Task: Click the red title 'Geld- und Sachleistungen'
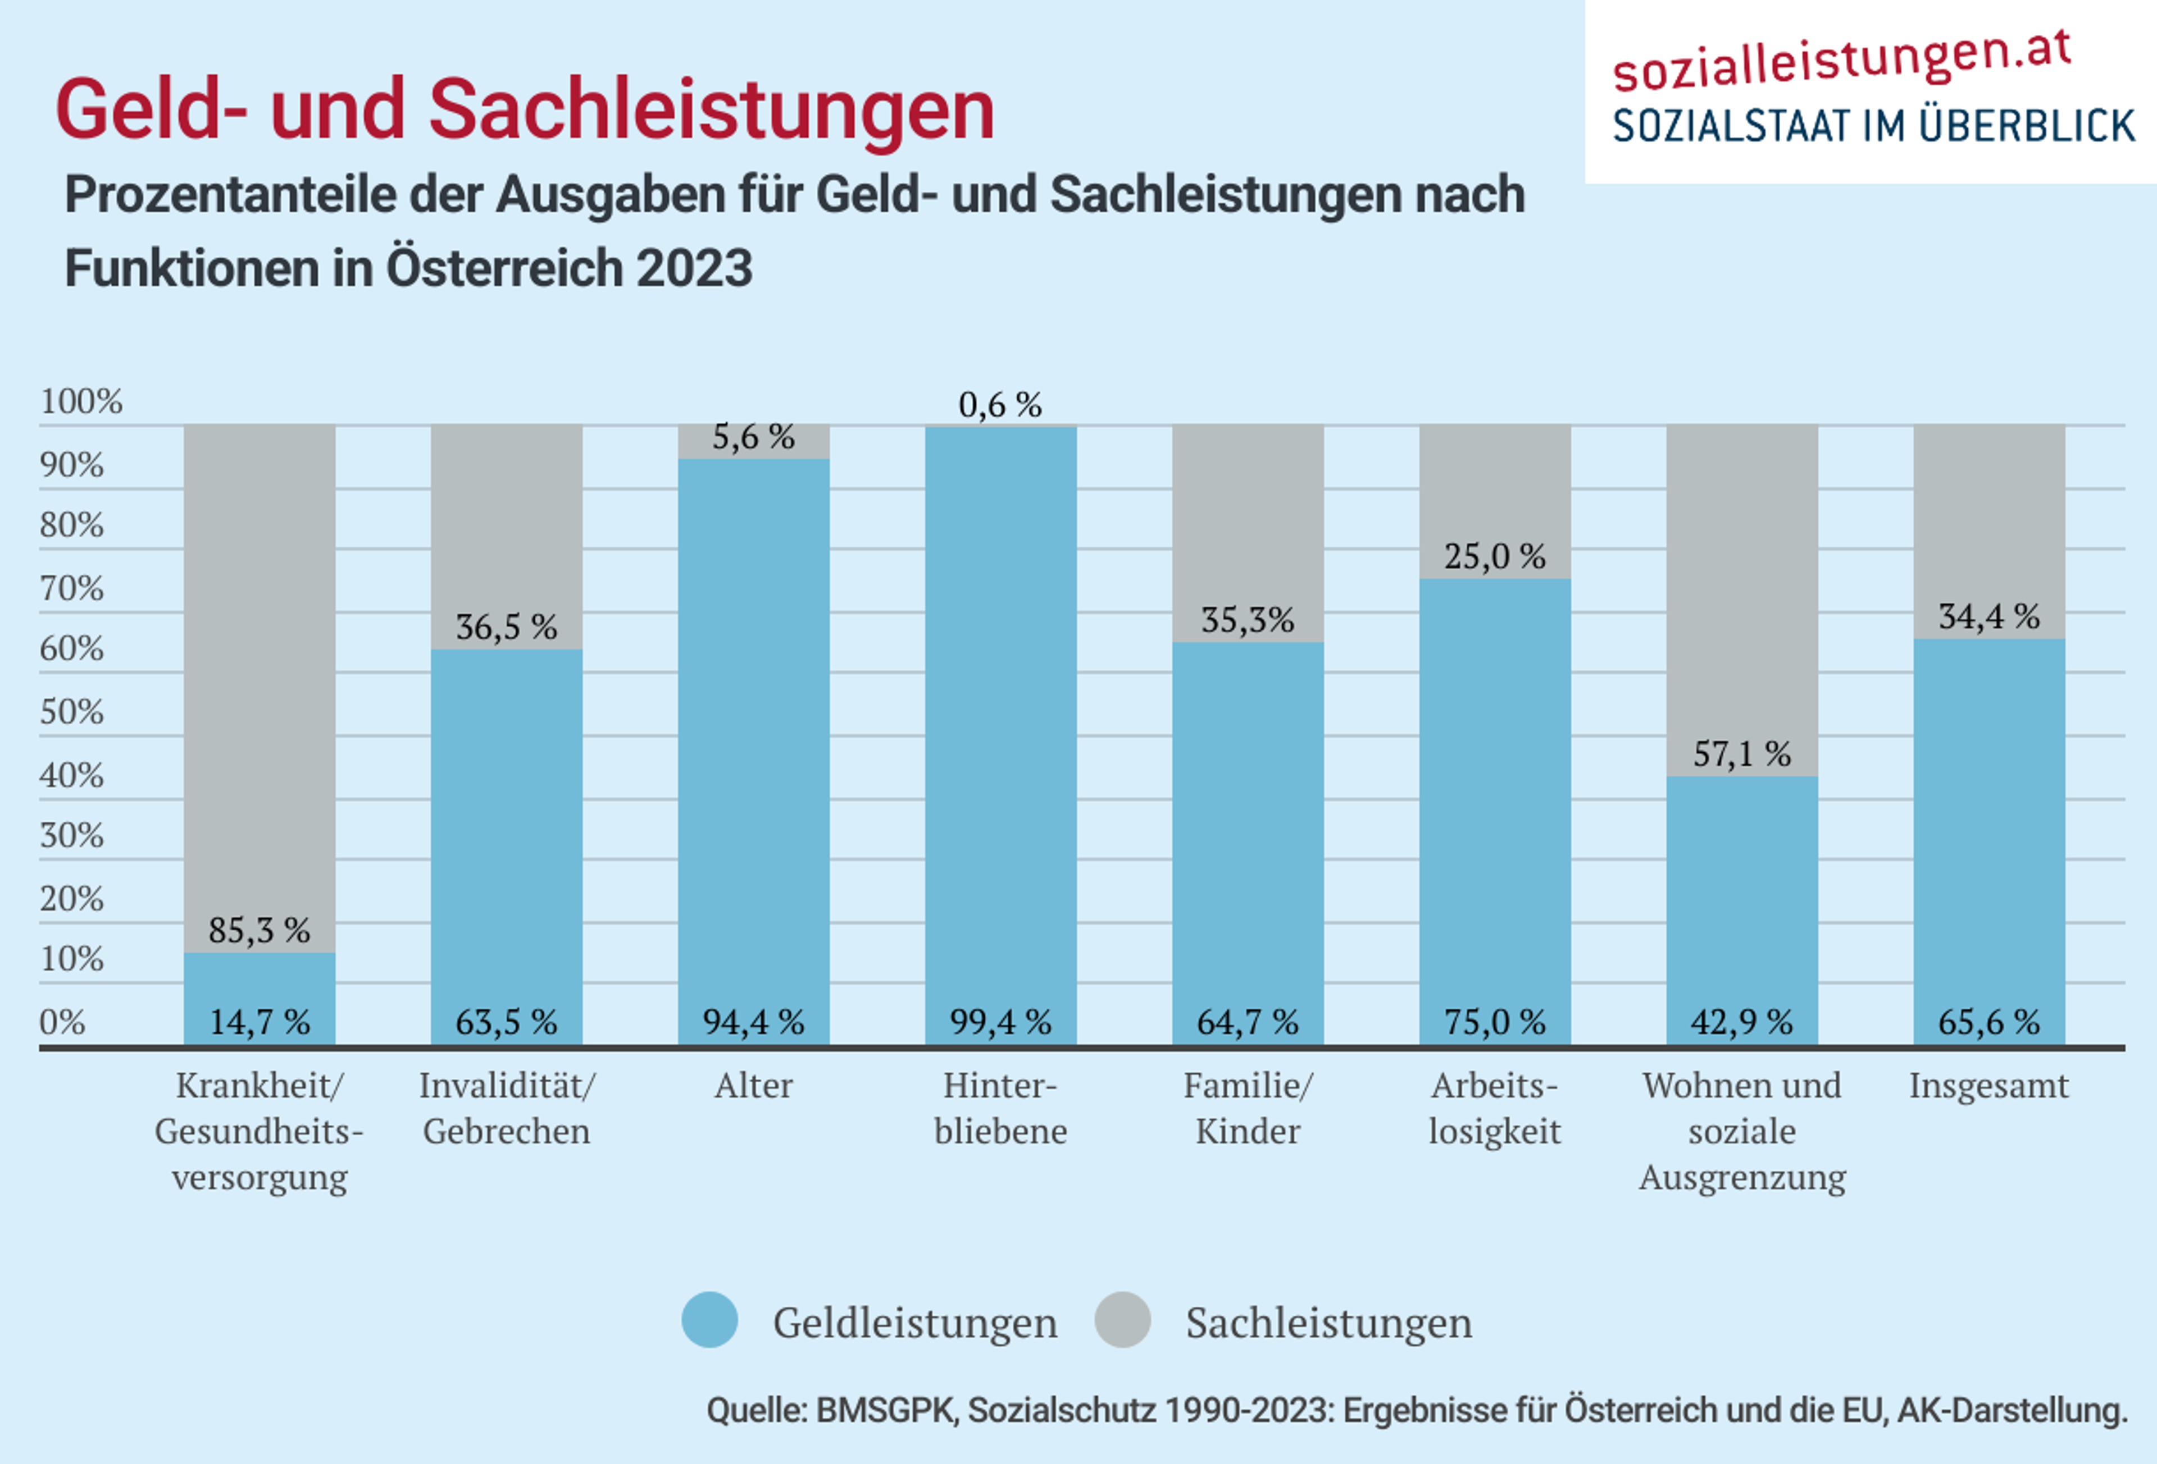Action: pyautogui.click(x=525, y=109)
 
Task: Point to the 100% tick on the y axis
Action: pyautogui.click(x=81, y=402)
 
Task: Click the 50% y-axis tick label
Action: pyautogui.click(x=71, y=712)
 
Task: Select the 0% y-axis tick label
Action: pyautogui.click(x=62, y=1022)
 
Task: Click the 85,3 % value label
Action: pyautogui.click(x=259, y=931)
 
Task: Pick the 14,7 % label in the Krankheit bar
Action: pyautogui.click(x=259, y=1022)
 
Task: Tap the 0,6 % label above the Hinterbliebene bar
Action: pyautogui.click(x=1000, y=405)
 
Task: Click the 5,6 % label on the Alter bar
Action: pyautogui.click(x=753, y=437)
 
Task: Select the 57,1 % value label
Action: pyautogui.click(x=1741, y=754)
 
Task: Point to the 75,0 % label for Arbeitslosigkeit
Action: pyautogui.click(x=1494, y=1022)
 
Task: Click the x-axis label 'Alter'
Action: pyautogui.click(x=753, y=1086)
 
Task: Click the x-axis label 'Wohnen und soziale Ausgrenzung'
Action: pyautogui.click(x=1741, y=1131)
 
